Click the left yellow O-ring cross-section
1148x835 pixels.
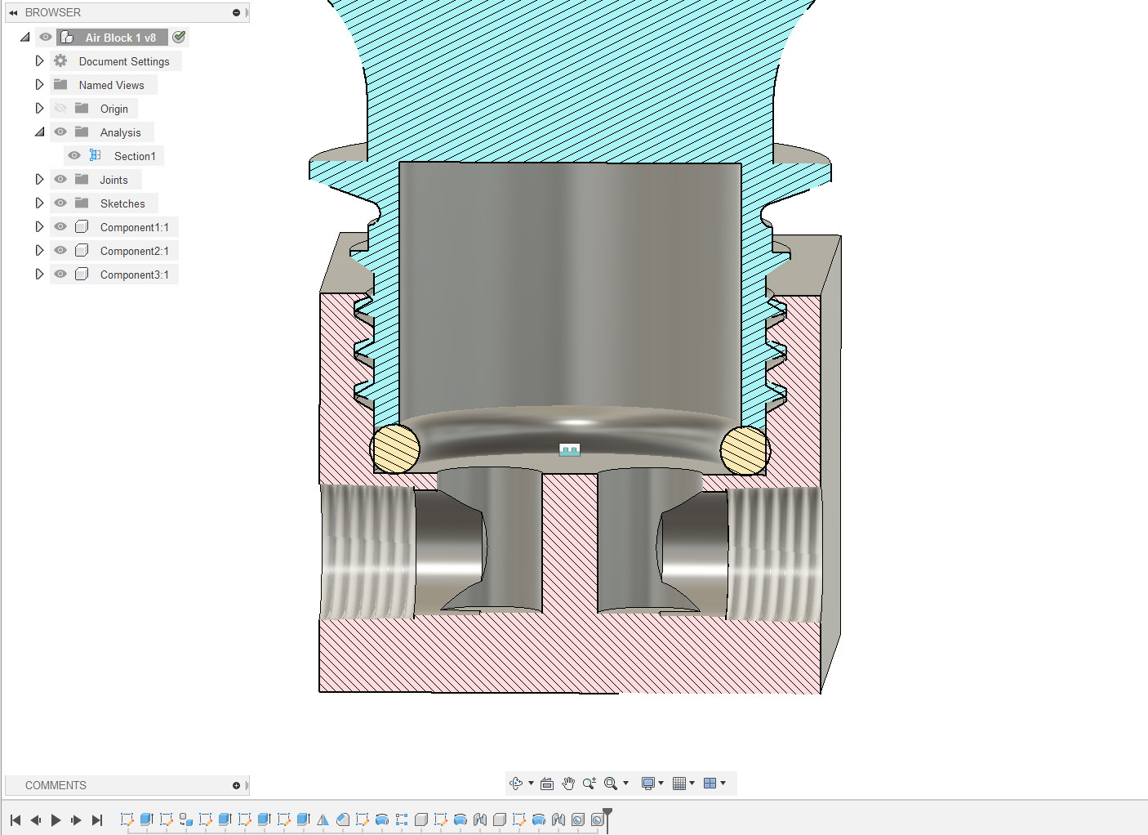tap(395, 449)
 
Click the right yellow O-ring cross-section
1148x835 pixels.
tap(745, 450)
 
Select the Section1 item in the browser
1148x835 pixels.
tap(135, 156)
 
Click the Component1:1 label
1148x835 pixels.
tap(134, 227)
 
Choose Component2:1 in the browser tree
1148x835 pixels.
tap(134, 251)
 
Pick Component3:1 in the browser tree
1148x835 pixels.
tap(134, 275)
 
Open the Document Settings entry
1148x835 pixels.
tap(124, 61)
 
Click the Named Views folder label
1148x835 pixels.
tap(111, 85)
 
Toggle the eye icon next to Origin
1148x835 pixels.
tap(60, 109)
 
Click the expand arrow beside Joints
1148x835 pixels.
tap(39, 180)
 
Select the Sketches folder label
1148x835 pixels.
tap(122, 203)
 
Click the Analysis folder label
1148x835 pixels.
tap(120, 132)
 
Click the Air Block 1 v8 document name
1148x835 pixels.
tap(120, 38)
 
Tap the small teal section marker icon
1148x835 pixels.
tap(569, 449)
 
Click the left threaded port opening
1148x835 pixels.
tap(367, 552)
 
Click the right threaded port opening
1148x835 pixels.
tap(772, 552)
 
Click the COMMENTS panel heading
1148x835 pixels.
tap(56, 785)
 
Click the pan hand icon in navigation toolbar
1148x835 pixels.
tap(568, 784)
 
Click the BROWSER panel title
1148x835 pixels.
tap(53, 12)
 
